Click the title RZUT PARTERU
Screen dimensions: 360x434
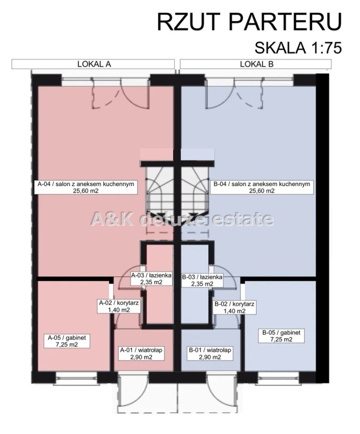tap(249, 22)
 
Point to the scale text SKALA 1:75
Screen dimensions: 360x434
tap(298, 47)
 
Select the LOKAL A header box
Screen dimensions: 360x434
tap(93, 64)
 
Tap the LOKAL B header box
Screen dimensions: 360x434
tap(256, 64)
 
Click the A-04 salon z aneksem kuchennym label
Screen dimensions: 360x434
tap(86, 187)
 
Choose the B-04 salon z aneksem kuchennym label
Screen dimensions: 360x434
tap(262, 187)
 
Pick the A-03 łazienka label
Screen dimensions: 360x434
tap(151, 279)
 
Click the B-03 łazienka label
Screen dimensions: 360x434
tap(202, 280)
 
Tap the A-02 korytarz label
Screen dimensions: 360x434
tap(119, 307)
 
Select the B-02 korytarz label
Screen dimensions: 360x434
tap(234, 307)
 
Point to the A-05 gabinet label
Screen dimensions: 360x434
tap(67, 341)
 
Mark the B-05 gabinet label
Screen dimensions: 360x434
tap(281, 336)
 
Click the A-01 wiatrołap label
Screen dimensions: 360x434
tap(141, 354)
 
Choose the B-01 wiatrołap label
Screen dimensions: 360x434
tap(210, 354)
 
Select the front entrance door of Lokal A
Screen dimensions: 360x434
tap(133, 391)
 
